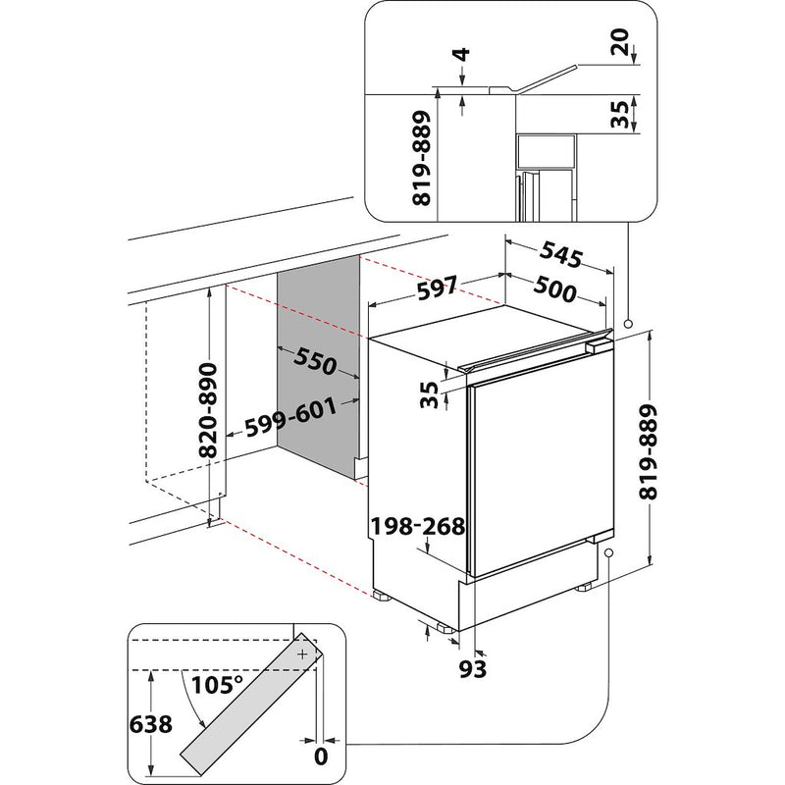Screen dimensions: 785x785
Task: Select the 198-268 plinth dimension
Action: (x=417, y=527)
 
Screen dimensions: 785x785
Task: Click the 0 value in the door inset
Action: (x=319, y=756)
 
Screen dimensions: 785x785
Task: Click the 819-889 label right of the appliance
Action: (x=671, y=448)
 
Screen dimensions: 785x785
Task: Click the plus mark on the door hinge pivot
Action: (x=303, y=652)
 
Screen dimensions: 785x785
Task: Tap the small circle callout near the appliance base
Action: (x=609, y=554)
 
